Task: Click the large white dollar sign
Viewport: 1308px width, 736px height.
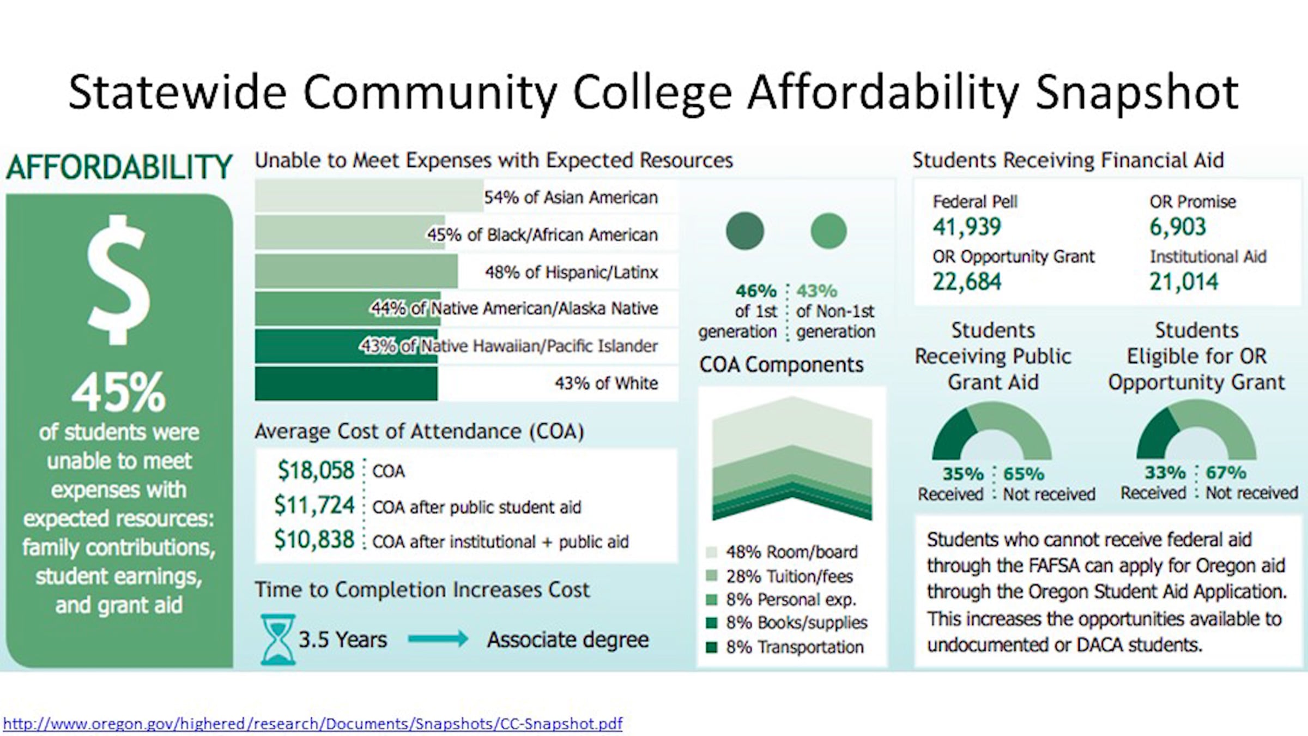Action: pyautogui.click(x=119, y=280)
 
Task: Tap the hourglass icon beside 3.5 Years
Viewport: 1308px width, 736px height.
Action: pyautogui.click(x=278, y=639)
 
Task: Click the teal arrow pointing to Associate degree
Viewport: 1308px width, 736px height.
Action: pyautogui.click(x=438, y=638)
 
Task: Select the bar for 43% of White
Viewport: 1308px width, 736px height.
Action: pyautogui.click(x=346, y=383)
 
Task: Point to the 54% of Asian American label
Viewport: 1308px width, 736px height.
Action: pyautogui.click(x=571, y=197)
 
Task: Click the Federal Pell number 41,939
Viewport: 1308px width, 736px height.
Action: pyautogui.click(x=967, y=227)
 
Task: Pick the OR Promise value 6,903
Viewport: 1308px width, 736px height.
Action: pyautogui.click(x=1178, y=227)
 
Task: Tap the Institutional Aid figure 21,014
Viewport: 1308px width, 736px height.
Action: pyautogui.click(x=1184, y=282)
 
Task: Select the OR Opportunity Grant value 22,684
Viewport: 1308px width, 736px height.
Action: pyautogui.click(x=967, y=282)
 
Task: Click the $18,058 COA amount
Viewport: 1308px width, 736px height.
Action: pyautogui.click(x=316, y=470)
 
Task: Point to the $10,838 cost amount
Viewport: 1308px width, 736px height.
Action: pyautogui.click(x=314, y=540)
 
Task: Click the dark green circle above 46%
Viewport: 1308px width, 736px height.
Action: pyautogui.click(x=745, y=231)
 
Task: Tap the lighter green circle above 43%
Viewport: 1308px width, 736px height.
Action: pyautogui.click(x=828, y=231)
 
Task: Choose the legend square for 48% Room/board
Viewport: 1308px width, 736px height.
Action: pyautogui.click(x=711, y=552)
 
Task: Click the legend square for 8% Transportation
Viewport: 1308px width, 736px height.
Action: pyautogui.click(x=711, y=647)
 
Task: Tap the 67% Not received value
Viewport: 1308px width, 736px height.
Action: pyautogui.click(x=1226, y=472)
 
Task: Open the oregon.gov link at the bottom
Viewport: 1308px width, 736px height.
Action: pyautogui.click(x=313, y=724)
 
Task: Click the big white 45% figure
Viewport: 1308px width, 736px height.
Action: pyautogui.click(x=119, y=392)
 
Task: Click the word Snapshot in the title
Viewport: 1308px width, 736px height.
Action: pyautogui.click(x=1137, y=93)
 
